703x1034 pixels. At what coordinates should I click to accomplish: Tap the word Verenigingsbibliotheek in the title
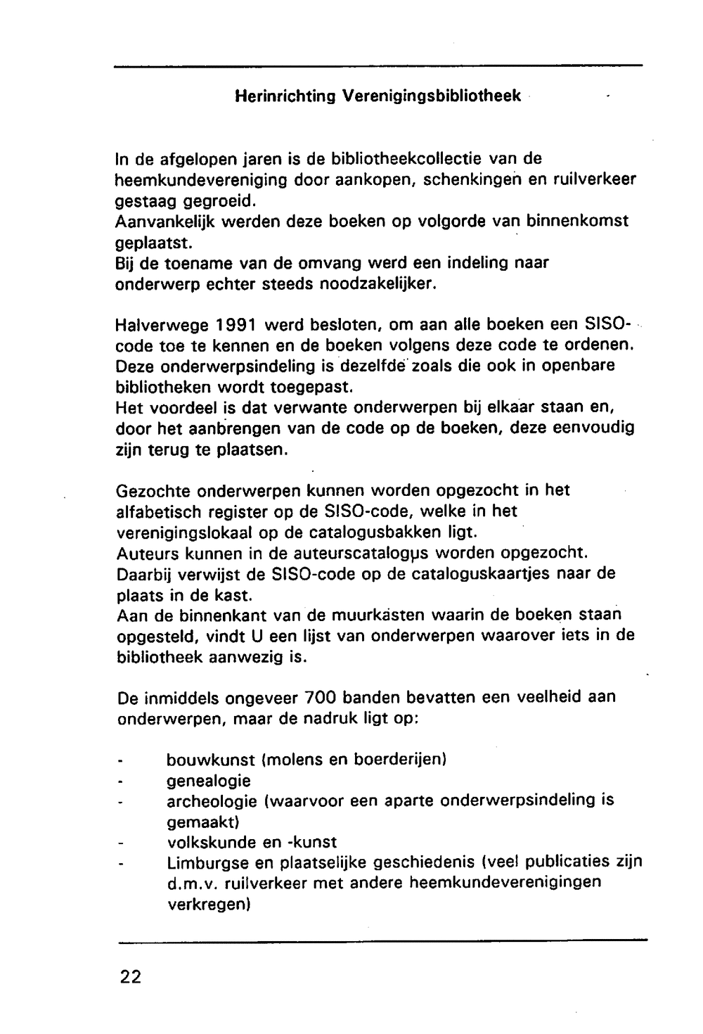pos(432,97)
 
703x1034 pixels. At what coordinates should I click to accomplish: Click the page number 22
pos(130,977)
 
